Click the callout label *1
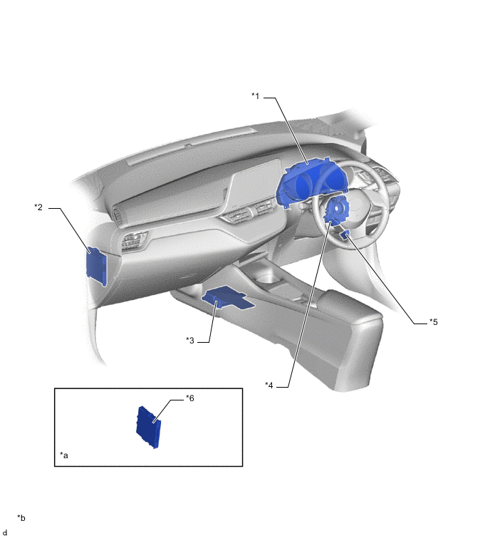point(256,96)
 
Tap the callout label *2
point(38,207)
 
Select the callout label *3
point(190,341)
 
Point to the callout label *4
point(269,386)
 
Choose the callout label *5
point(434,322)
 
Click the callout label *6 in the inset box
point(190,398)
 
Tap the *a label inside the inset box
point(64,455)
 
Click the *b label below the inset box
point(21,518)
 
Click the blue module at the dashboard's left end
point(96,266)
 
